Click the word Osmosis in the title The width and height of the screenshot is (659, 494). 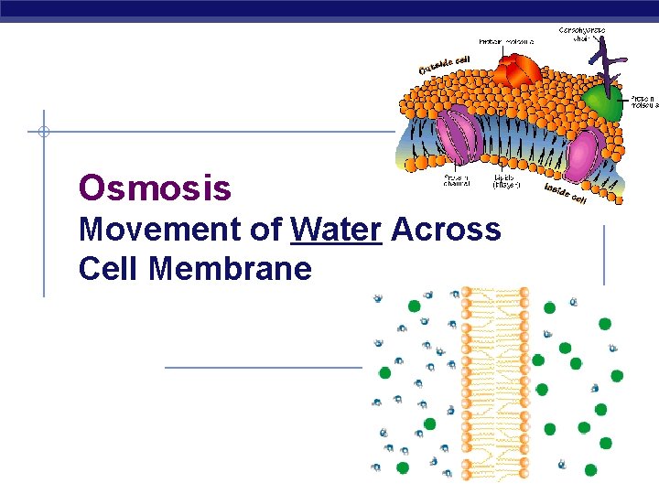click(155, 188)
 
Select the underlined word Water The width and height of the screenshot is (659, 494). click(335, 230)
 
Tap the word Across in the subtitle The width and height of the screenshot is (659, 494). click(446, 230)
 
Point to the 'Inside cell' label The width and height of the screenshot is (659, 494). click(566, 193)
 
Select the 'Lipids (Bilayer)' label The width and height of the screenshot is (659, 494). click(505, 181)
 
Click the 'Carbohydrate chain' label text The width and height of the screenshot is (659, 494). click(582, 34)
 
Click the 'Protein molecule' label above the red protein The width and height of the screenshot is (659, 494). click(506, 41)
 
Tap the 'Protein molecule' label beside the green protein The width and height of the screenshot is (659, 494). click(643, 100)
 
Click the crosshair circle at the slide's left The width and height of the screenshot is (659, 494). click(43, 132)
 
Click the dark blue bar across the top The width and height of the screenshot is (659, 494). click(329, 10)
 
